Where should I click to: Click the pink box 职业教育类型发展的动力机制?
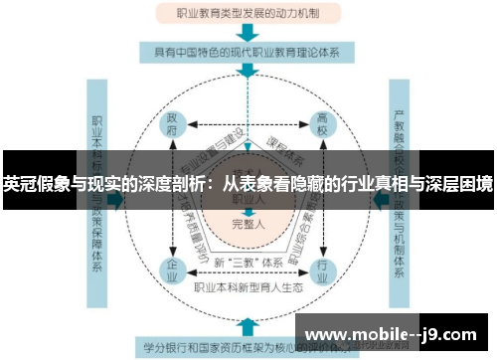click(x=248, y=15)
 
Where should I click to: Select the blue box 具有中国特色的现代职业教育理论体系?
click(x=248, y=51)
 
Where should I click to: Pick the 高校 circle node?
click(x=323, y=126)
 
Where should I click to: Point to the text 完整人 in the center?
click(x=247, y=223)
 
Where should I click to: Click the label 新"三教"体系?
click(x=247, y=262)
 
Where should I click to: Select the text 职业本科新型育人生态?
click(x=247, y=289)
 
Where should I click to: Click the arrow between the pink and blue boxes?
click(x=248, y=33)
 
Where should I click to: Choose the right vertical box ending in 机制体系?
click(x=400, y=184)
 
